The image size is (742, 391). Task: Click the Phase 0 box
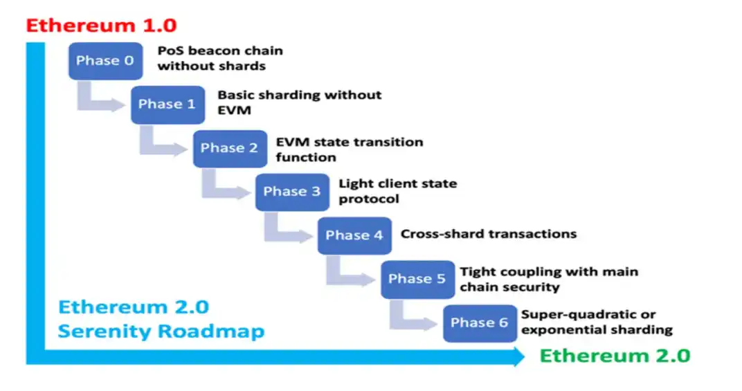coord(105,61)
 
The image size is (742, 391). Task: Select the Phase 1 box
coord(167,104)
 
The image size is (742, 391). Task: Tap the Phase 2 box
coord(229,148)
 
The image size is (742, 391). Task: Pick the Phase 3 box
coord(291,192)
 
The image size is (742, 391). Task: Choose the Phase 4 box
coord(354,235)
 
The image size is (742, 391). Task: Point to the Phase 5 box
coord(417,279)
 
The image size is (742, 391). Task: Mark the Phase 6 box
coord(479,322)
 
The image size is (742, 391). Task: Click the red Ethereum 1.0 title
coord(101,26)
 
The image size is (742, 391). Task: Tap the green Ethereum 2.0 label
coord(615,356)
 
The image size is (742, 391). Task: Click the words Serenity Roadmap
coord(161,331)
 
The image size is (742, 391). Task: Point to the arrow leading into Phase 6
coord(413,318)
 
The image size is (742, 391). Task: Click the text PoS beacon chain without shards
coord(220,59)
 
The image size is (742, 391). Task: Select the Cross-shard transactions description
coord(488,234)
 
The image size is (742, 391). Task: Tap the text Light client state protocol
coord(397,191)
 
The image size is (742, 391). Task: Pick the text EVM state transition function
coord(349,149)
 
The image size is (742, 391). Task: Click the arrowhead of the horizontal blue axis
coord(518,357)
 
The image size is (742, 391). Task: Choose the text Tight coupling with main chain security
coord(548,279)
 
